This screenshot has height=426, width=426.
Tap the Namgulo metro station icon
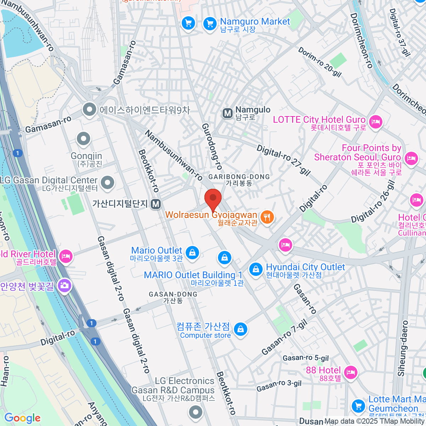click(x=227, y=113)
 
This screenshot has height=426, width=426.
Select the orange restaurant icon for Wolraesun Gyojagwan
click(x=267, y=217)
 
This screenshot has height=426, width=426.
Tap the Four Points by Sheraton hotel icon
click(x=411, y=157)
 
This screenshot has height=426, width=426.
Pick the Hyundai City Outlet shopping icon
click(x=255, y=269)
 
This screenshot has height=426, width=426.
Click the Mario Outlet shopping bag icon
click(x=192, y=252)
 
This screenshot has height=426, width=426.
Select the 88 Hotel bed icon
click(x=350, y=372)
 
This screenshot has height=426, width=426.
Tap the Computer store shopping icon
click(x=240, y=329)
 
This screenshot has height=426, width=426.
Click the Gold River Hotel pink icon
click(x=66, y=256)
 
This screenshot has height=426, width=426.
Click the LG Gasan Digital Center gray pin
click(x=107, y=182)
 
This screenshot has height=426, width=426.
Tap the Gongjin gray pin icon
click(x=84, y=139)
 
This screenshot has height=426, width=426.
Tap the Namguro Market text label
click(x=255, y=22)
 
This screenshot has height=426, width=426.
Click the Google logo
click(x=22, y=418)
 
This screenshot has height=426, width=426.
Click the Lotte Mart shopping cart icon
click(x=358, y=405)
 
